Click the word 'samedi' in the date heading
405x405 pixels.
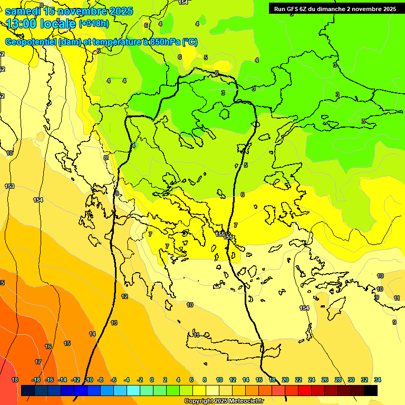click(23, 11)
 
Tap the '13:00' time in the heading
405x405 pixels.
click(23, 24)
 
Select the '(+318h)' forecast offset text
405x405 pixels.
click(94, 24)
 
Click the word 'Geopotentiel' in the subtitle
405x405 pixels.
click(30, 42)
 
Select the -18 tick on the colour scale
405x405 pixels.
click(36, 380)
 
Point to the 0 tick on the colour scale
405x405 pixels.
click(152, 380)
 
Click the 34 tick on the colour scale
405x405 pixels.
click(378, 380)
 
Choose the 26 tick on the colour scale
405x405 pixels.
click(325, 380)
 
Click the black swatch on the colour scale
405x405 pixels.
click(371, 390)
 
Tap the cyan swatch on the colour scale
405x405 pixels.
click(133, 390)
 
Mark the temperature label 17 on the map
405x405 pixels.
click(38, 362)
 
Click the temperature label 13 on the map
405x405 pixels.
click(114, 323)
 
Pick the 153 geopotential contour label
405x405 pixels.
click(9, 186)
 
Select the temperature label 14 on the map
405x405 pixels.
click(92, 334)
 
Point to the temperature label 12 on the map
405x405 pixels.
click(124, 296)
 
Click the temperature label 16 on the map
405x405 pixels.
click(48, 346)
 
